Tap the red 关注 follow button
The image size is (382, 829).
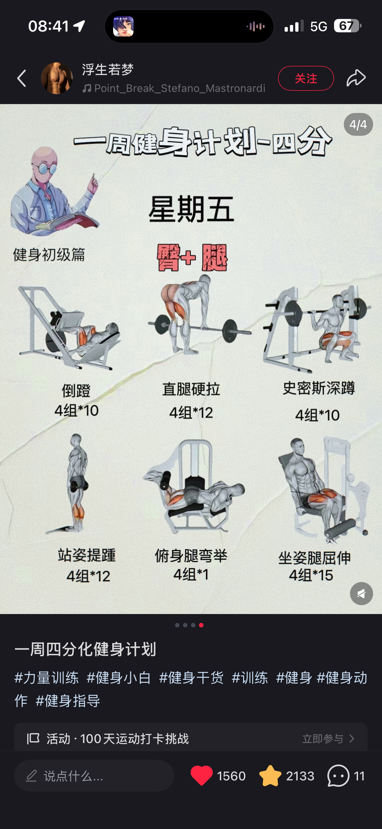coord(306,78)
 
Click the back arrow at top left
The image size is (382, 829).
coord(22,78)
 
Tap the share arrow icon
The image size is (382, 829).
coord(356,78)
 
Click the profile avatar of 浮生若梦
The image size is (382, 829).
coord(57,78)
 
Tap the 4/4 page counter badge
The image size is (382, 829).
coord(358,124)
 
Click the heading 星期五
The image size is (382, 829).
coord(191,209)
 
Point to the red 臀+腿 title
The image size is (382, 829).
coord(192,257)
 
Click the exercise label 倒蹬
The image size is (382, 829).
coord(76,391)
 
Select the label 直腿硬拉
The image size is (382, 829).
coord(191,389)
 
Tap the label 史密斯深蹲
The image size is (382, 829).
coord(319,388)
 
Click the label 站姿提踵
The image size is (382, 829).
coord(87,555)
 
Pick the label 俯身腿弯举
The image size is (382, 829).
coord(191,556)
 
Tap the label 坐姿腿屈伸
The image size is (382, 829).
coord(314,558)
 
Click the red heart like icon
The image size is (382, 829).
coord(202,776)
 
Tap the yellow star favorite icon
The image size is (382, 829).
coord(270,776)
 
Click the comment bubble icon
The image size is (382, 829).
coord(338,776)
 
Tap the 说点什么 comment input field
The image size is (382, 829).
coord(94,776)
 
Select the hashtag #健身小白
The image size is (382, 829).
coord(119,677)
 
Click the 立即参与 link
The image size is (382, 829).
coord(323,739)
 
